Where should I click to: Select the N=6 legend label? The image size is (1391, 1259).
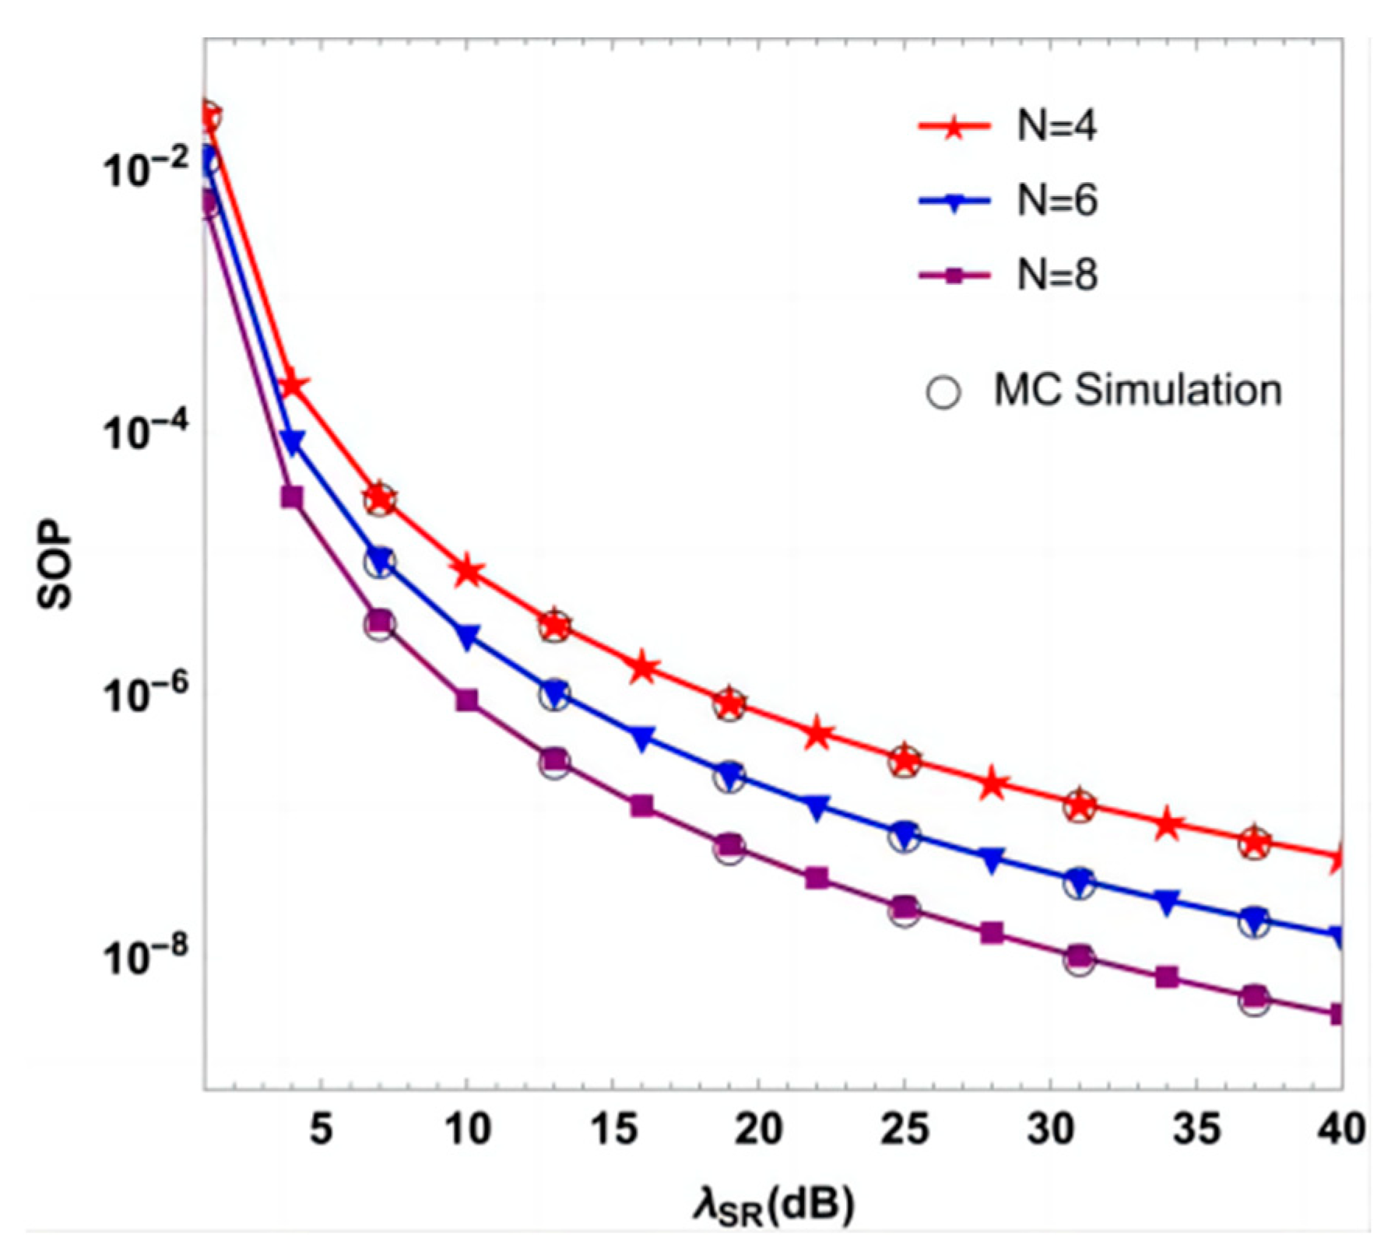coord(1057,201)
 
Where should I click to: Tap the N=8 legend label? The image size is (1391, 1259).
coord(1057,275)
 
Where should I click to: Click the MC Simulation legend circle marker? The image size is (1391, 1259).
coord(943,391)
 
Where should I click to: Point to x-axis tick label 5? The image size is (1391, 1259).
coord(321,1128)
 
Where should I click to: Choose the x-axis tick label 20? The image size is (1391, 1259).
coord(758,1128)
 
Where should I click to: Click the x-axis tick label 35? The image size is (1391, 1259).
coord(1196,1128)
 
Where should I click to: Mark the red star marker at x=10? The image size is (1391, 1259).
coord(467,572)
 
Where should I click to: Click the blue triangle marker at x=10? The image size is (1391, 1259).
coord(467,637)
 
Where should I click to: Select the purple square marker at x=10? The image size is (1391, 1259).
coord(467,700)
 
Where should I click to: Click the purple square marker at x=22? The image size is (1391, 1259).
coord(817,878)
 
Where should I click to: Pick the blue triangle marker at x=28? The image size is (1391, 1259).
coord(992,860)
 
